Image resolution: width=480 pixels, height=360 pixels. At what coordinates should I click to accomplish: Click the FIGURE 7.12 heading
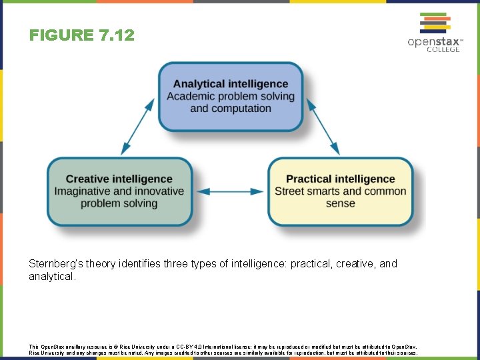click(x=81, y=35)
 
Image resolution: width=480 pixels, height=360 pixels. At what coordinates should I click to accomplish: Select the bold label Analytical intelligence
click(x=231, y=84)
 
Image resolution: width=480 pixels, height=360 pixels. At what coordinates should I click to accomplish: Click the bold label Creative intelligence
click(x=119, y=179)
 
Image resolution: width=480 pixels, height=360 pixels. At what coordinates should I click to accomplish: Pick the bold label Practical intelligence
click(x=340, y=179)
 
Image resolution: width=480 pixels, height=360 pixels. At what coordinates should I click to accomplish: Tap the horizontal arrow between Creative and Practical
click(x=231, y=191)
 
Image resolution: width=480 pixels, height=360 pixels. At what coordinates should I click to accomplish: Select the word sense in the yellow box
click(x=340, y=203)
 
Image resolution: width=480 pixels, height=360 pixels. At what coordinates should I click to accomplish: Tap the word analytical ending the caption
click(x=51, y=276)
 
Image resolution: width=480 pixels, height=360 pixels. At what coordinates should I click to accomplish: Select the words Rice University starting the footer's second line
click(x=45, y=353)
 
